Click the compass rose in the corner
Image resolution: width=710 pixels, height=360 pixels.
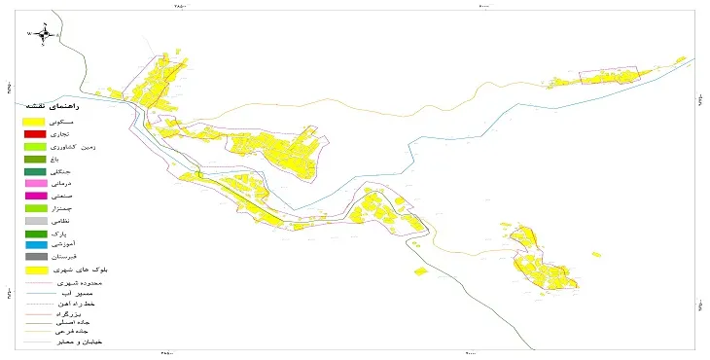pos(43,34)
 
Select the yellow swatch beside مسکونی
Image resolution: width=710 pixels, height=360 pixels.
pos(35,121)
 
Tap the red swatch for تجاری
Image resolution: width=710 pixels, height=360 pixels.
pos(35,133)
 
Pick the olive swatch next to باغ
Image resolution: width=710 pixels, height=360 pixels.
pos(35,159)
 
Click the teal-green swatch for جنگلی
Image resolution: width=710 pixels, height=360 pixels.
pos(35,171)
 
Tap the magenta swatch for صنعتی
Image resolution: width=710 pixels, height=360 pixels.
pos(35,196)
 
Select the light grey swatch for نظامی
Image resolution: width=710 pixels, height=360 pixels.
pos(35,221)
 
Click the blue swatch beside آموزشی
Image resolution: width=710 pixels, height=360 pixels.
pos(35,245)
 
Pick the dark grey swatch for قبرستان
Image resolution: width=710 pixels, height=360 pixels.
pos(35,258)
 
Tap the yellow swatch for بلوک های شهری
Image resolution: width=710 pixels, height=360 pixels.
pos(35,270)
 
